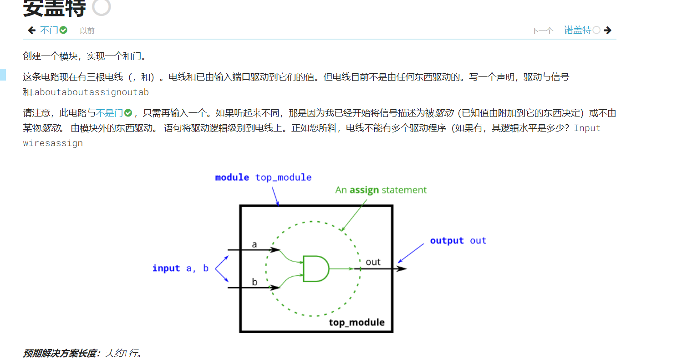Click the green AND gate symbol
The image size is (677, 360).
[316, 269]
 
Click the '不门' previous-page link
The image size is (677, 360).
[49, 30]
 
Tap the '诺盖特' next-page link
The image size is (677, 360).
[577, 30]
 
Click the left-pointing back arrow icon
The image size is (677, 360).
[31, 30]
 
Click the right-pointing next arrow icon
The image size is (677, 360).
[607, 30]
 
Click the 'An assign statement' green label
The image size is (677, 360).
[381, 190]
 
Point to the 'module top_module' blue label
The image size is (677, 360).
[263, 177]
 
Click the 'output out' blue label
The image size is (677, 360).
[458, 241]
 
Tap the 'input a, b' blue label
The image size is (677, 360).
[180, 269]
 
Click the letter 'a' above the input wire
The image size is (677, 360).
[255, 244]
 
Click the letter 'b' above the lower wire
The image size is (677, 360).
[255, 282]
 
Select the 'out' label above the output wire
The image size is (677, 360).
[373, 262]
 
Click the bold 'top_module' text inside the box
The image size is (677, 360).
[356, 323]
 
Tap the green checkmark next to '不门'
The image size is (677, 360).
[63, 30]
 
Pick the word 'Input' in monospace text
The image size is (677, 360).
[587, 128]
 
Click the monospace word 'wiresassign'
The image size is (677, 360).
[53, 143]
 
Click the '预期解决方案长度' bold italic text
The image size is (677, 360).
[61, 353]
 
